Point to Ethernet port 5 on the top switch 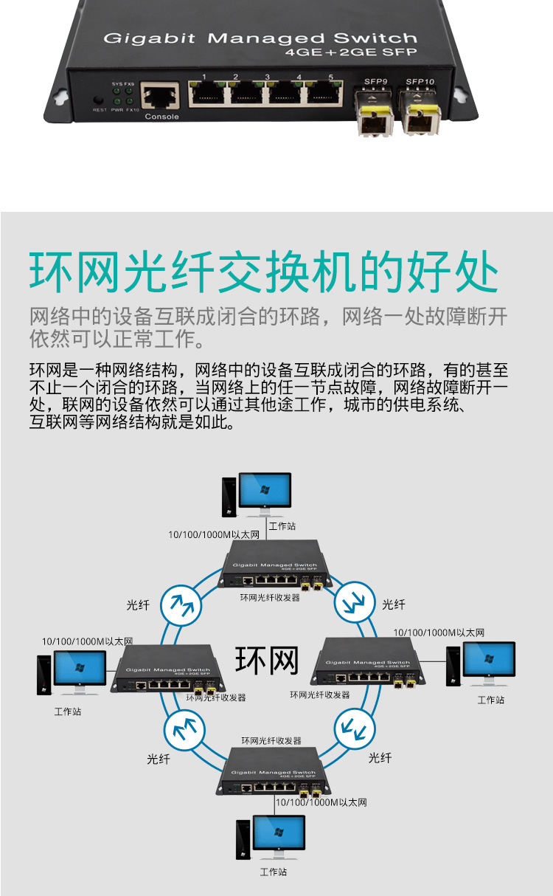(322, 92)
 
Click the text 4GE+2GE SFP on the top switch (351, 52)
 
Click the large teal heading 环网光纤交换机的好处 (265, 272)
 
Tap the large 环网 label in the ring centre (267, 661)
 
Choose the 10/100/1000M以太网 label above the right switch (439, 632)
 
